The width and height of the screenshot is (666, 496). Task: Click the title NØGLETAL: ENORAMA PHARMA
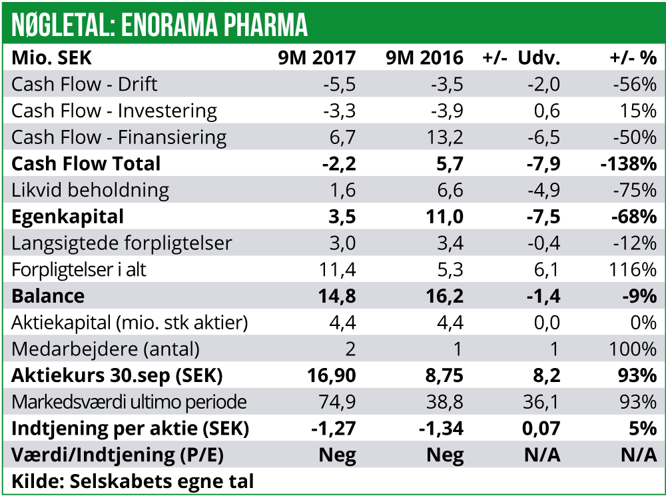click(x=160, y=25)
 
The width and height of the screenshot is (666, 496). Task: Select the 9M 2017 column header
click(x=317, y=58)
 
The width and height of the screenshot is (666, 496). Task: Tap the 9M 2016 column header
click(x=424, y=58)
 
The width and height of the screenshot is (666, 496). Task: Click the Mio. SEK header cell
click(x=51, y=58)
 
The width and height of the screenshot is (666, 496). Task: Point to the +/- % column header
click(x=633, y=58)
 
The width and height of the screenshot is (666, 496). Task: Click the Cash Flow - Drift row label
click(x=85, y=84)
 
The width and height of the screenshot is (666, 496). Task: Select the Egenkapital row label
click(x=68, y=217)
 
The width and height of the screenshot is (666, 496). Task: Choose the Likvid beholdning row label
click(x=91, y=190)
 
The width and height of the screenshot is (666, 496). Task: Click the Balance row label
click(x=49, y=296)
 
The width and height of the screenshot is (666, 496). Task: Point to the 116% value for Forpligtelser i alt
click(x=633, y=269)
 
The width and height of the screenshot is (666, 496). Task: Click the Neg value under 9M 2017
click(x=338, y=455)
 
